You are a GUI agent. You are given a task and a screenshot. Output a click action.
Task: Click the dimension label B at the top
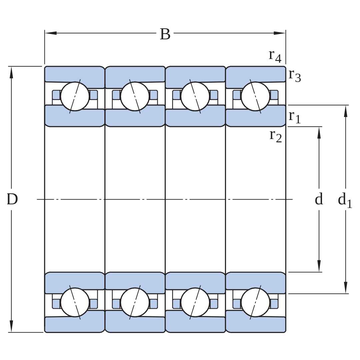click(x=165, y=34)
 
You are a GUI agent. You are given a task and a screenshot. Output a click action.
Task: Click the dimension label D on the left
click(x=12, y=199)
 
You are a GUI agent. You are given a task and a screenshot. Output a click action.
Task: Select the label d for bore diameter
click(x=319, y=199)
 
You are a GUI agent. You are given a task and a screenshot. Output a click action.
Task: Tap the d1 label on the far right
click(x=345, y=200)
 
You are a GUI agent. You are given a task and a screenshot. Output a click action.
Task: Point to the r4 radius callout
click(x=275, y=56)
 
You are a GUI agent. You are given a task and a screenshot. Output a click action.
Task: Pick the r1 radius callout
click(x=295, y=117)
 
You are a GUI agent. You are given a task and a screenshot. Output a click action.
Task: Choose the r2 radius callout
click(x=276, y=136)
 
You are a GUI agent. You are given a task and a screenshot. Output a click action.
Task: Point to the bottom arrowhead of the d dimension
click(x=319, y=266)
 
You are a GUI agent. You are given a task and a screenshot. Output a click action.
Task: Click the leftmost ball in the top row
click(x=75, y=96)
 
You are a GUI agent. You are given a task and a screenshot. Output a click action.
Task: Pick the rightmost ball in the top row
click(x=255, y=96)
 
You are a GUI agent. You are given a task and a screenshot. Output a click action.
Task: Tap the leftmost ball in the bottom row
click(x=75, y=302)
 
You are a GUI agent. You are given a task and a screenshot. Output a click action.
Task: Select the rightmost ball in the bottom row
click(x=255, y=302)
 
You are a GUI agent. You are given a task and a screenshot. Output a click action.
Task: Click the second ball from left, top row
click(x=135, y=96)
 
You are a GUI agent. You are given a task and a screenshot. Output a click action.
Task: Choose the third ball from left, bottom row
click(x=195, y=302)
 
